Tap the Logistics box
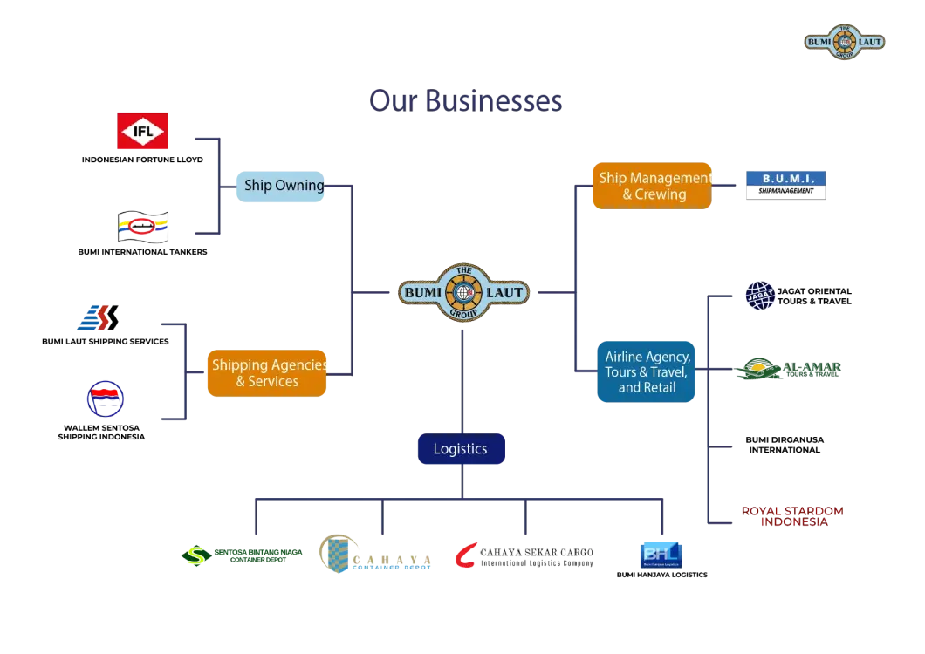coord(460,449)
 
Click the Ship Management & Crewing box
coord(652,186)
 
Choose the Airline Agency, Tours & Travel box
coord(647,371)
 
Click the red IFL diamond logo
coord(143,133)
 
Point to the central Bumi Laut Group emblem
coord(463,292)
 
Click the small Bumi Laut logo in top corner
coord(844,42)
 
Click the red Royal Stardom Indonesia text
coord(792,515)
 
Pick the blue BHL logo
coord(660,555)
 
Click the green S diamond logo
coord(194,555)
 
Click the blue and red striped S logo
coord(97,318)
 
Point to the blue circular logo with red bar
coord(105,399)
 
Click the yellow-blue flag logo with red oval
coord(143,227)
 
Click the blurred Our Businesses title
coord(467,99)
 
